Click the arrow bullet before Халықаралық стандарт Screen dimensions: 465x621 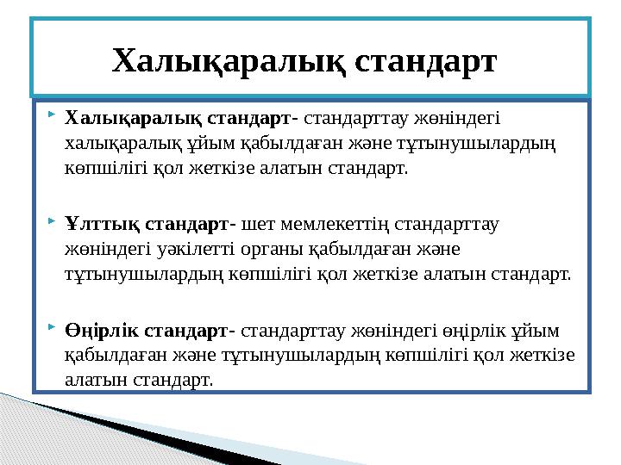[x=52, y=114]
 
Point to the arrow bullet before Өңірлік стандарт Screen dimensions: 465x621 [x=52, y=328]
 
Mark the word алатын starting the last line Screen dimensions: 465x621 [x=94, y=379]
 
